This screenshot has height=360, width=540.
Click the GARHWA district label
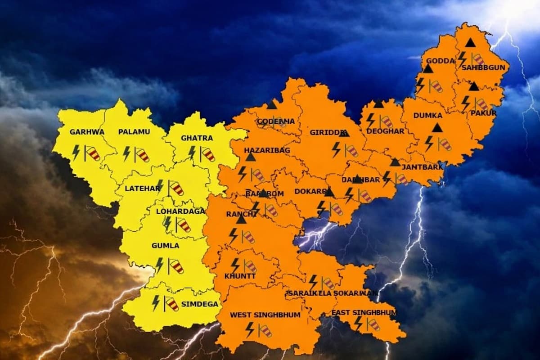[87, 132]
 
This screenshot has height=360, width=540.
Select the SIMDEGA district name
[199, 304]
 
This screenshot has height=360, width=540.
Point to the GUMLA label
[166, 246]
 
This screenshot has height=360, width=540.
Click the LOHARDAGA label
[180, 211]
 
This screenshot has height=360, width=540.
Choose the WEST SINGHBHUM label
[265, 315]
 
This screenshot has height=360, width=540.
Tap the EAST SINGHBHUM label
[364, 312]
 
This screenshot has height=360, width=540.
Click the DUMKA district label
[427, 116]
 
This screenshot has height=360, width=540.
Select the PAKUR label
[483, 113]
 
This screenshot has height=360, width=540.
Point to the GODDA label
[437, 61]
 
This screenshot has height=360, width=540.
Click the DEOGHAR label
[385, 131]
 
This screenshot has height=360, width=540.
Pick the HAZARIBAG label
[267, 150]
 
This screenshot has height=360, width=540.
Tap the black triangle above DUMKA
[437, 128]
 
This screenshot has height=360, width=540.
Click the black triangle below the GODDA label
[427, 69]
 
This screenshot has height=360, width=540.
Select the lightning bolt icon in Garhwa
[76, 152]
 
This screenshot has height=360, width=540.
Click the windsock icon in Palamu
[142, 154]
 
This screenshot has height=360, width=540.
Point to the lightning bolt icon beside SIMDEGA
[156, 302]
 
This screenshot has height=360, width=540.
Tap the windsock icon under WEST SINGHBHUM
[265, 331]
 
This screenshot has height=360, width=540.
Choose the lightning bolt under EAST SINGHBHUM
[358, 323]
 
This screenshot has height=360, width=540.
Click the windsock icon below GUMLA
[176, 266]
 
